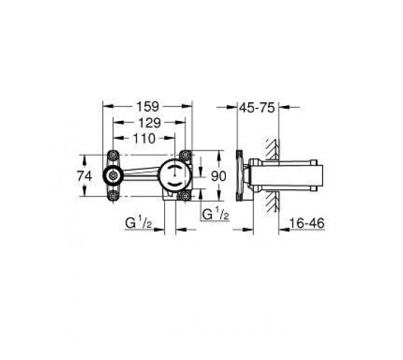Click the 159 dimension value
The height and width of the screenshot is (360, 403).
[148, 107]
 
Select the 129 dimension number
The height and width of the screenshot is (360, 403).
[150, 122]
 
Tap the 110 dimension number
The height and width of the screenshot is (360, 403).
[144, 138]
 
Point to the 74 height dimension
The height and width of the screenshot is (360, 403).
[85, 176]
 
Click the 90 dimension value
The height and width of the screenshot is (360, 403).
[219, 176]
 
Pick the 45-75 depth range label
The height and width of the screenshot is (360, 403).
[258, 107]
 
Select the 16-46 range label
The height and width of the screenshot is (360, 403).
[307, 223]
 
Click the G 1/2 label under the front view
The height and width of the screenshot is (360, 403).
[139, 222]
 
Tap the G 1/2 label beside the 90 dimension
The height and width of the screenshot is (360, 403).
[215, 214]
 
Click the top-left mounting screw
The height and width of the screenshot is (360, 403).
[113, 155]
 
